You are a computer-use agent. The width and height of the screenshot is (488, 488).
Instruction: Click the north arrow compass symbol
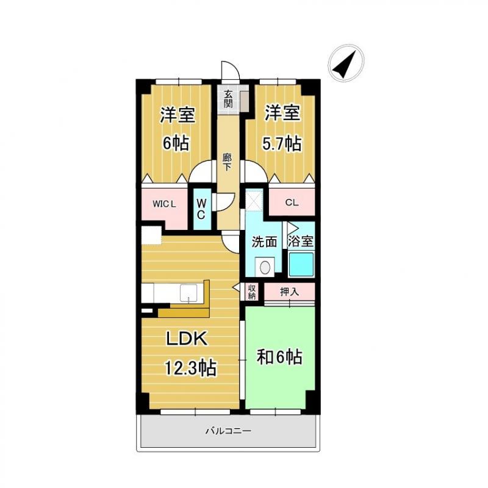(x=346, y=63)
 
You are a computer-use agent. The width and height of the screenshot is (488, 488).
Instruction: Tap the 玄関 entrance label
(x=228, y=99)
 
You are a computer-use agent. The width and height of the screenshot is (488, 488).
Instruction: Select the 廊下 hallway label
(x=227, y=162)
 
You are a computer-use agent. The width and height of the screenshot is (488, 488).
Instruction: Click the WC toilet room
(x=201, y=209)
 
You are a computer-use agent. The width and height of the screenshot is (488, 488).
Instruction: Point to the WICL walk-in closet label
(x=164, y=204)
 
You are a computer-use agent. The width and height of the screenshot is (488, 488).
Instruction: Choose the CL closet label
(x=292, y=203)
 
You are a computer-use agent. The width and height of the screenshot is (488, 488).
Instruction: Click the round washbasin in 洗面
(x=265, y=267)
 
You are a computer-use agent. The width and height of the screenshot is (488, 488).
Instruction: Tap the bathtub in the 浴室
(x=301, y=264)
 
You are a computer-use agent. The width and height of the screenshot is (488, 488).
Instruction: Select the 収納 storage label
(x=251, y=292)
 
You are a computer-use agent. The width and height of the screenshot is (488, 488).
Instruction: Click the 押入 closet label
(x=289, y=292)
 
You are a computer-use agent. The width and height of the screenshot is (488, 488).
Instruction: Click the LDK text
(x=187, y=339)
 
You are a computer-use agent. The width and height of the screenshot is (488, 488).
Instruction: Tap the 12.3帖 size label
(x=190, y=368)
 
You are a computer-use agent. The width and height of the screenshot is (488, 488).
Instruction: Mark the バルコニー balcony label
(x=228, y=431)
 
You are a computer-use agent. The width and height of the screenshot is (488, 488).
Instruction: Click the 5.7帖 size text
(x=282, y=143)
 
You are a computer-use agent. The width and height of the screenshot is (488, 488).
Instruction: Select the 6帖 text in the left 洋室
(x=176, y=143)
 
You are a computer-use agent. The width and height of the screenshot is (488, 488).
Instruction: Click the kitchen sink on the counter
(x=188, y=293)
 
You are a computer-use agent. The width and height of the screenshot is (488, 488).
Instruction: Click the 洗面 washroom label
(x=264, y=242)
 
